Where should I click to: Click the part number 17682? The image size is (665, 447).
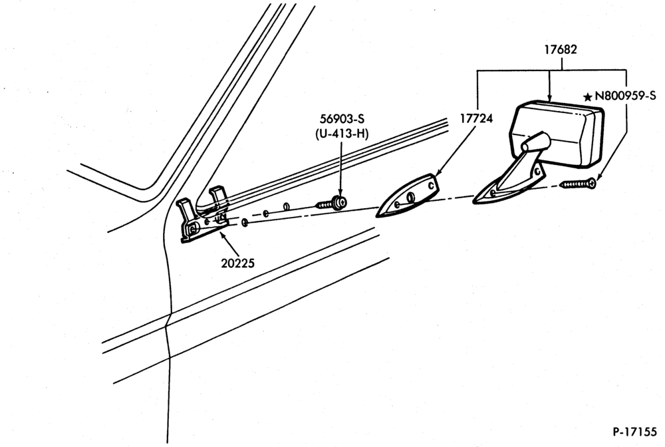(x=561, y=50)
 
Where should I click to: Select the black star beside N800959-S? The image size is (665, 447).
(x=588, y=97)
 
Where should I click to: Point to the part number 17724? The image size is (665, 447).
(x=477, y=119)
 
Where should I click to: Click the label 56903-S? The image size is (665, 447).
(x=342, y=119)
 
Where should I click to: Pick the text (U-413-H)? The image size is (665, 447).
(x=342, y=134)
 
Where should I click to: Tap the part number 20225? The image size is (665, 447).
(x=237, y=263)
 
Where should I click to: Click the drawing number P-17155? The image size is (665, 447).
(x=634, y=432)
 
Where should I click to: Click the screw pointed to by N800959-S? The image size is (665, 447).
(x=578, y=184)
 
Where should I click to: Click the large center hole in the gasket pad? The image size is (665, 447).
(x=410, y=197)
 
